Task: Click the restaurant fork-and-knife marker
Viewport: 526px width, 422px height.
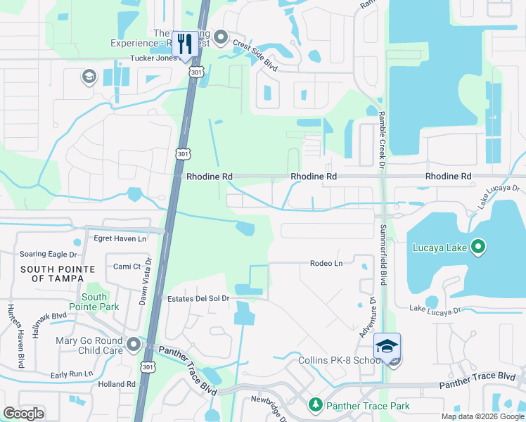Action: pos(185,43)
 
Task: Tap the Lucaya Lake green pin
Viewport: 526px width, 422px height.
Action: pos(478,246)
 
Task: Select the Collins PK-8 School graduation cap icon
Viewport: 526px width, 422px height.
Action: pos(387,345)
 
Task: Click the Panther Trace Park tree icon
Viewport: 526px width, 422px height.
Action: pos(316,405)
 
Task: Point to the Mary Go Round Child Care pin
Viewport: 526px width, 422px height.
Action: pos(133,345)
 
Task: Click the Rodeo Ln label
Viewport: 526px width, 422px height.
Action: pos(326,263)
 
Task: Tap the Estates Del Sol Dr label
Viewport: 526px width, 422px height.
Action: pos(199,299)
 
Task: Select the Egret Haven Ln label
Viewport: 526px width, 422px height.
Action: pos(120,238)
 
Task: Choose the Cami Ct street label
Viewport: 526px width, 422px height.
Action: pos(127,267)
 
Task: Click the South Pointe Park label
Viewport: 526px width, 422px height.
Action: pos(94,302)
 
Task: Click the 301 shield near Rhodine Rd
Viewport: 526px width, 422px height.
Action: pos(182,154)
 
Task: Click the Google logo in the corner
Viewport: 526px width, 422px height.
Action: pos(23,414)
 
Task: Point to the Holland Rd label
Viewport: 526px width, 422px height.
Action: pos(117,384)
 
